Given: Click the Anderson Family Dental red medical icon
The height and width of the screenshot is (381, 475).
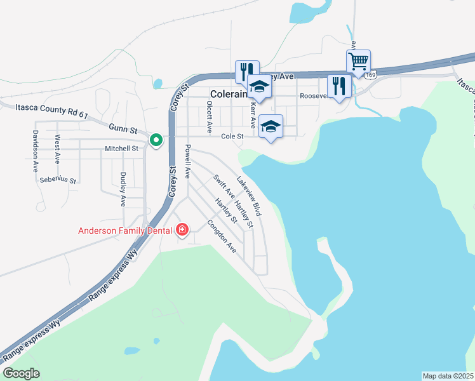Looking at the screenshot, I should pos(182,229).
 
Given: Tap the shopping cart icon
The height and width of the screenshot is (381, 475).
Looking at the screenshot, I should pos(359,62).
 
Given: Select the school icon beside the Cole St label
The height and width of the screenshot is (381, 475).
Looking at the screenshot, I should pos(271,126).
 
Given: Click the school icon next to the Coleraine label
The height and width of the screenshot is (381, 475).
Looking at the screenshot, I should pos(259,86).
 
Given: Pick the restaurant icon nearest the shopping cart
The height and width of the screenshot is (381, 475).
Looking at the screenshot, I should pos(339,86).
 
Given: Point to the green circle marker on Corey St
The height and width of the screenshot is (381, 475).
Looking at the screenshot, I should pos(155,140).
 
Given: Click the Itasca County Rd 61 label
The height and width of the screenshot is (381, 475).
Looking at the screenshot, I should pos(51,112).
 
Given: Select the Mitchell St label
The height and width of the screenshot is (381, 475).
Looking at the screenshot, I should pos(121,149).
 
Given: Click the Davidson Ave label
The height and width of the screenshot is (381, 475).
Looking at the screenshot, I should pos(35,152).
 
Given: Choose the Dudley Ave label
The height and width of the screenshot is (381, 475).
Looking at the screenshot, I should pos(123,189).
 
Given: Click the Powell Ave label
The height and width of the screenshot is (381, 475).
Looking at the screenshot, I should pos(187,161).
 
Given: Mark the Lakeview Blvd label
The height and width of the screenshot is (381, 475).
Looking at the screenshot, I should pos(249,196).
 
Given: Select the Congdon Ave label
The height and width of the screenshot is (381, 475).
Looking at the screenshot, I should pos(222,237).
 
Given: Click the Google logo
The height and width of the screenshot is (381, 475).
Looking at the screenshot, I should pos(21,373).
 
